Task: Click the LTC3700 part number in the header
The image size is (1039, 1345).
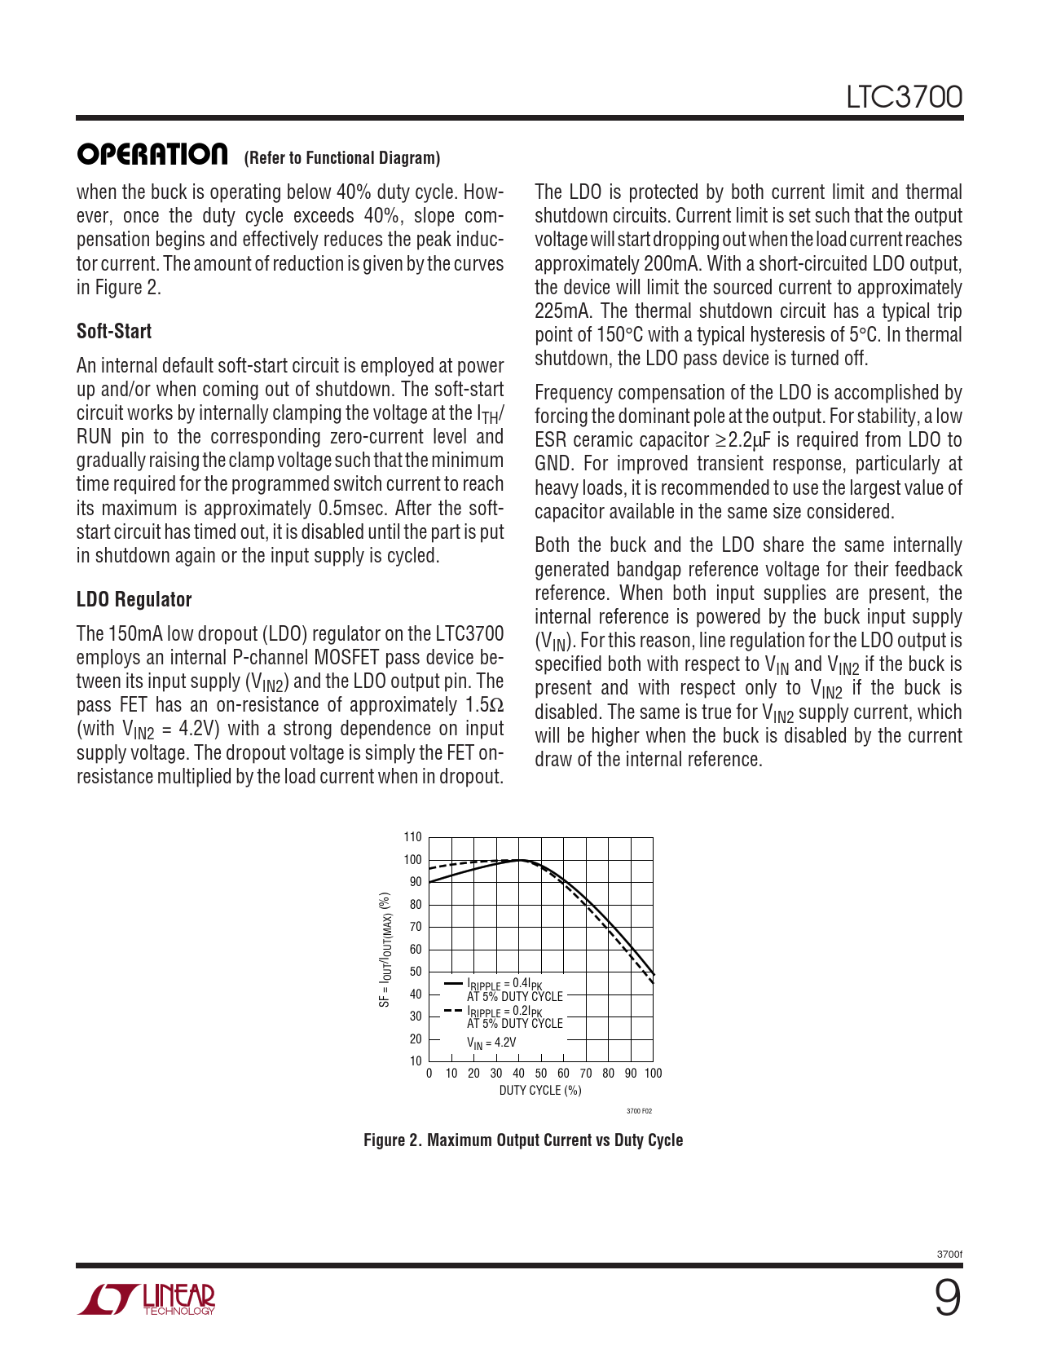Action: pyautogui.click(x=904, y=98)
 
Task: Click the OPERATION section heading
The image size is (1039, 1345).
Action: pyautogui.click(x=152, y=154)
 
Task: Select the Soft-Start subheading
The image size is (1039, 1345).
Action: pyautogui.click(x=114, y=332)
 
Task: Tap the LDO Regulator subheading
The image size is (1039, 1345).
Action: pyautogui.click(x=134, y=600)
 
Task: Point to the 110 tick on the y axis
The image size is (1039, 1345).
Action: pyautogui.click(x=413, y=837)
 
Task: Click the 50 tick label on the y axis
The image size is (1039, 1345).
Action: pyautogui.click(x=416, y=972)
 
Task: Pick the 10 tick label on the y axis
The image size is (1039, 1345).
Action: pyautogui.click(x=416, y=1061)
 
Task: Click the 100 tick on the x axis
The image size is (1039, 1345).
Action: pyautogui.click(x=654, y=1074)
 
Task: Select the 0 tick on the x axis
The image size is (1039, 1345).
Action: pyautogui.click(x=429, y=1074)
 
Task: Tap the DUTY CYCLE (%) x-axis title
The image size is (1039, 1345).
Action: pyautogui.click(x=540, y=1091)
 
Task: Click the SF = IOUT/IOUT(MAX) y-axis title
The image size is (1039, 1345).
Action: pyautogui.click(x=385, y=950)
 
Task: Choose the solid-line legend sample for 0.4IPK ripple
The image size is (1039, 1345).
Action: pyautogui.click(x=453, y=984)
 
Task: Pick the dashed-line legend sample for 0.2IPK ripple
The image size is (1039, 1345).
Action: pyautogui.click(x=453, y=1011)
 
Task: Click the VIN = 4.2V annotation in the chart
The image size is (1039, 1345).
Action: pyautogui.click(x=491, y=1043)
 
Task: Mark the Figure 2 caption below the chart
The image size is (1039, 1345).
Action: pyautogui.click(x=523, y=1140)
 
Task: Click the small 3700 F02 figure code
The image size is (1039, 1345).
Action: pyautogui.click(x=639, y=1111)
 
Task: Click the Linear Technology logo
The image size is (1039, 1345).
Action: pyautogui.click(x=147, y=1299)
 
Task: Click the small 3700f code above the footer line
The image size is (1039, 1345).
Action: pyautogui.click(x=949, y=1255)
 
